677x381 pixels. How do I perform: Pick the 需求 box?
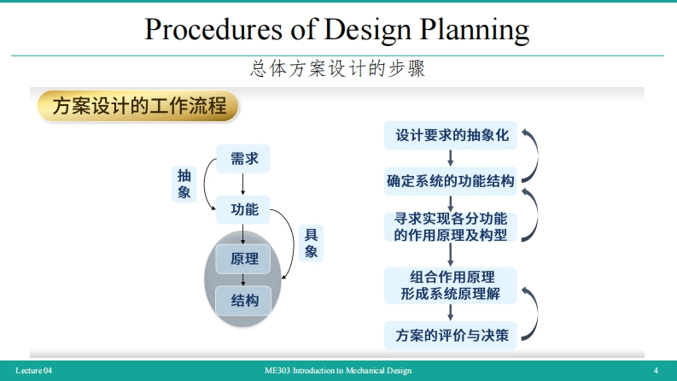pos(244,157)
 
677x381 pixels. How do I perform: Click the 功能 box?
pos(244,208)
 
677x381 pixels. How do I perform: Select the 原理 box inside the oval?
pos(244,259)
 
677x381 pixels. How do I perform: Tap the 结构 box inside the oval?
pos(244,300)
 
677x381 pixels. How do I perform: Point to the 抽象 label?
pos(184,184)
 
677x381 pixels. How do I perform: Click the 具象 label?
pos(312,243)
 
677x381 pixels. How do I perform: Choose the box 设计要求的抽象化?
pos(452,135)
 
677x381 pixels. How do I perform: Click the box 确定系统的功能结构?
pos(451,180)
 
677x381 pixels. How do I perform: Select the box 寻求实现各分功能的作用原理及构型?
pos(451,226)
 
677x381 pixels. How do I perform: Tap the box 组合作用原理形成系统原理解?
pos(451,285)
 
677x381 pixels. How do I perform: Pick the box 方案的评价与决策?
pos(451,334)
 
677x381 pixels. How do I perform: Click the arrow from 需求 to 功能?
pos(244,183)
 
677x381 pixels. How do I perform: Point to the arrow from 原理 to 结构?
pos(244,279)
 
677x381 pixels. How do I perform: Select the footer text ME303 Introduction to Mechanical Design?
pos(338,371)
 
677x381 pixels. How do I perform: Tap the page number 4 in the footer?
pos(655,371)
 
